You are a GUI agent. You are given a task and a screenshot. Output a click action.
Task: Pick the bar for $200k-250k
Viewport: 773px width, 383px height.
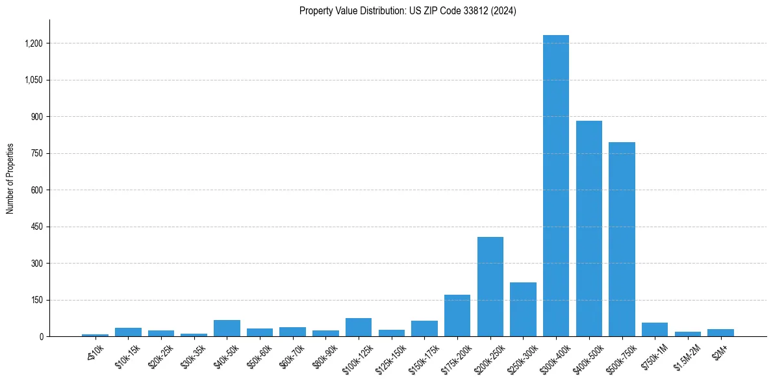490,287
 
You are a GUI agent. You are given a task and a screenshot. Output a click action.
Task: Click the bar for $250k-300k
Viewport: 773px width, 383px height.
523,310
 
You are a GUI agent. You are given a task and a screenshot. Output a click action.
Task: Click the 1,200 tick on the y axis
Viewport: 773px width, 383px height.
34,43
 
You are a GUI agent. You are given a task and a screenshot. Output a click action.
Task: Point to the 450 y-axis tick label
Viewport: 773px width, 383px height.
37,227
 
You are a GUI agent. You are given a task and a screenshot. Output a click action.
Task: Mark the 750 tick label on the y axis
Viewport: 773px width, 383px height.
37,153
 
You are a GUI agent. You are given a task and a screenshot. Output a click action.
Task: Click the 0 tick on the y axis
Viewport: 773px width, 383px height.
41,336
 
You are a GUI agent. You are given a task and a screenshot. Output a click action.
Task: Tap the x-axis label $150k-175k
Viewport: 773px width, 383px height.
424,356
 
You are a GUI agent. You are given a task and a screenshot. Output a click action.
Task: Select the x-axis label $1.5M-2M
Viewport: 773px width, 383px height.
687,356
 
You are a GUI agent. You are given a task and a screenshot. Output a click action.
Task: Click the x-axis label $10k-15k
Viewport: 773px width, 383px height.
127,355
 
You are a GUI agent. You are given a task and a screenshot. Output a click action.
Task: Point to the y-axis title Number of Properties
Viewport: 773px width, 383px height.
10,179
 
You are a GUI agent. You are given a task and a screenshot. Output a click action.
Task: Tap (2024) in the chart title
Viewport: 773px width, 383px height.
503,11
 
